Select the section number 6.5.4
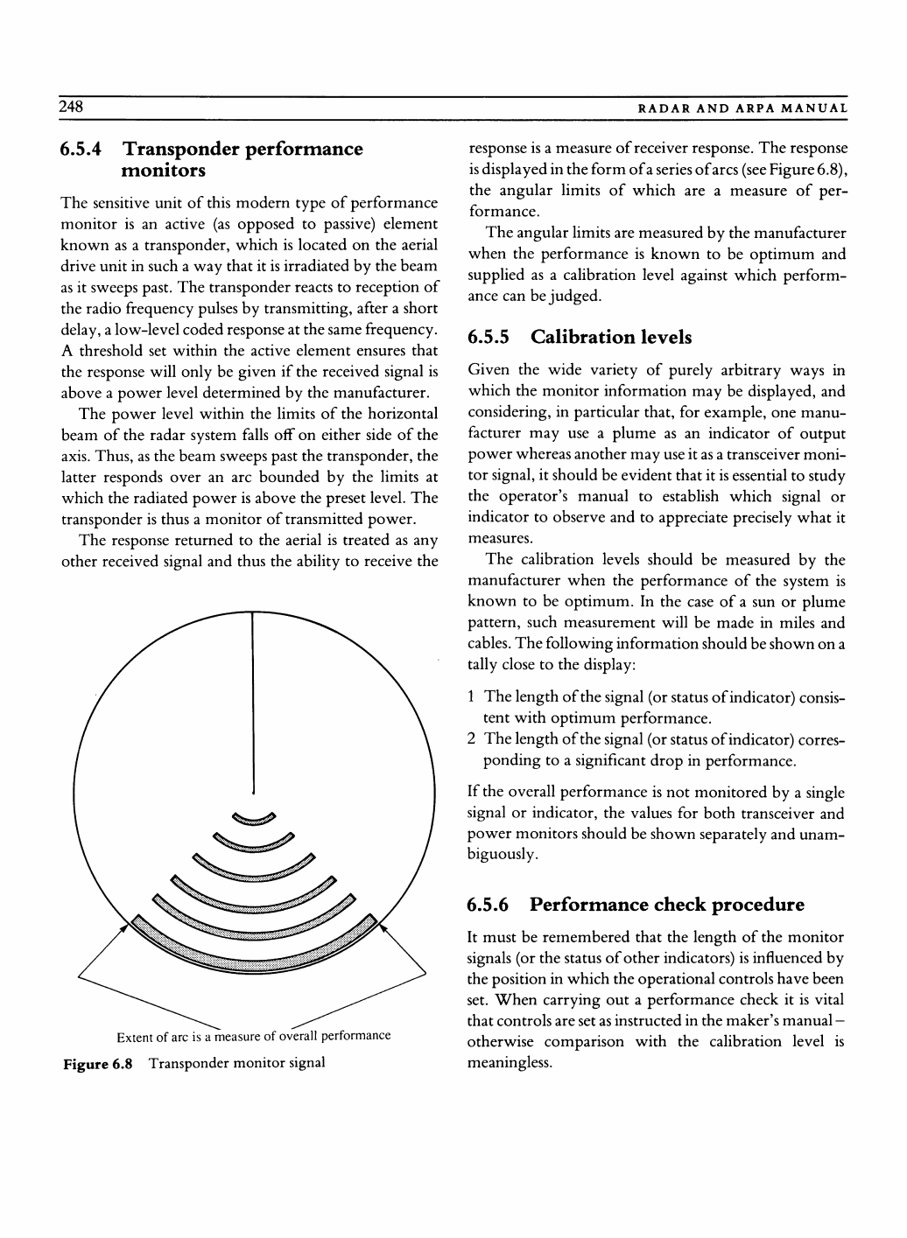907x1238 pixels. coord(85,149)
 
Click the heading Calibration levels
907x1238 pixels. coord(611,337)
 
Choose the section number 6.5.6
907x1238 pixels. coord(493,904)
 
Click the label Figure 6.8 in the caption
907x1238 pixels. coord(96,1063)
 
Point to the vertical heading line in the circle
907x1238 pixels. coord(252,700)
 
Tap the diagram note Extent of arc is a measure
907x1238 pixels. coord(253,1037)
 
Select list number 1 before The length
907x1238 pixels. coord(472,697)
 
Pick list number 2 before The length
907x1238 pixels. coord(472,740)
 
